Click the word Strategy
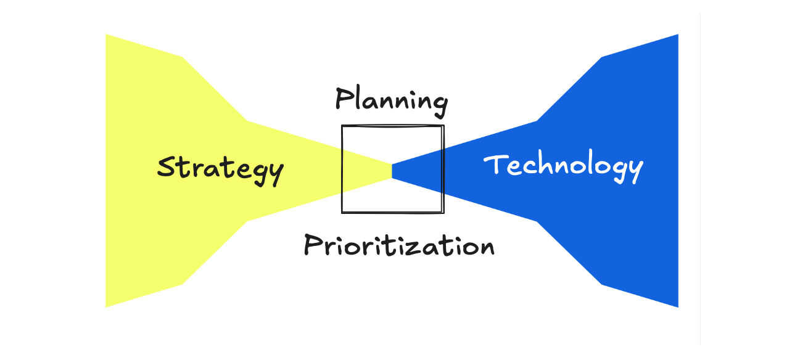pos(220,168)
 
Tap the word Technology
pos(563,165)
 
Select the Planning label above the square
pos(391,100)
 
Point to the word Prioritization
pos(399,245)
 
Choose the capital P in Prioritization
pos(313,245)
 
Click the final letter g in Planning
pos(440,104)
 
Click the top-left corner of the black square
pos(342,126)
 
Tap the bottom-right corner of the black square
pos(443,213)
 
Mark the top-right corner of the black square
pos(443,126)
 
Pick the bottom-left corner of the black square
pos(342,213)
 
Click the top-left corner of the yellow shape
pos(106,35)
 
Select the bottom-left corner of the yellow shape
pos(106,307)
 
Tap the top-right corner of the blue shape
pos(678,35)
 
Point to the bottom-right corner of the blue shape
pos(678,307)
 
